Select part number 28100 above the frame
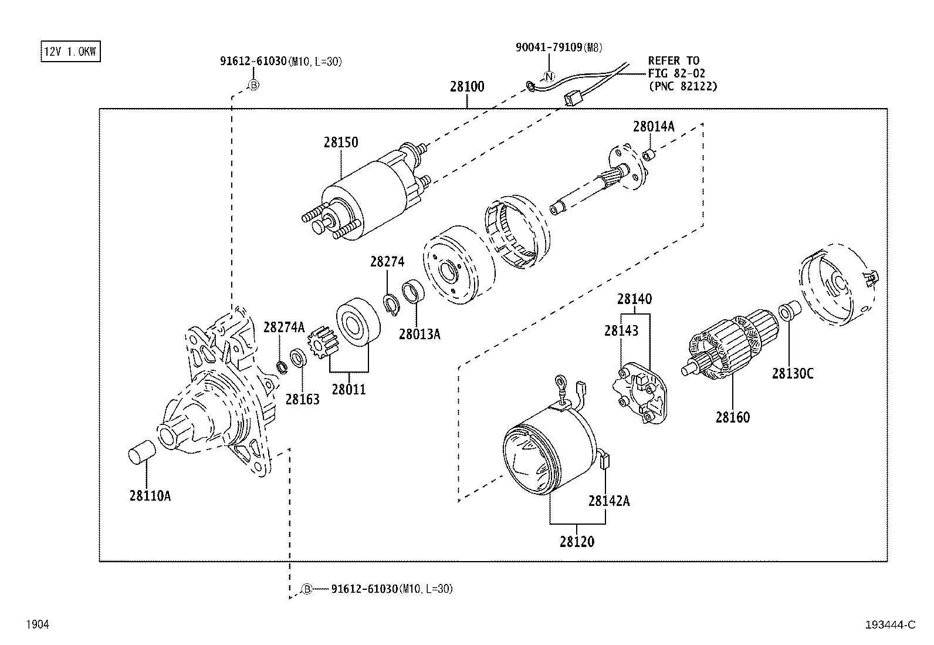467,87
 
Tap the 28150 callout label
340,143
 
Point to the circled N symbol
550,76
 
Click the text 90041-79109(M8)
559,48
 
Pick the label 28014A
653,126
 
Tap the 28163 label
302,400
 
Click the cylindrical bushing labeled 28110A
141,455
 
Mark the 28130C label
792,373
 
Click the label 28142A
609,501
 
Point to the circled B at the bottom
306,589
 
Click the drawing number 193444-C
889,625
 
